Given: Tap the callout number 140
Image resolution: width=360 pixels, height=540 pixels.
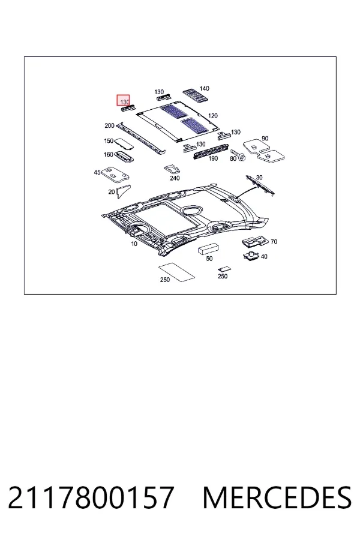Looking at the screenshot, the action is click(x=204, y=89).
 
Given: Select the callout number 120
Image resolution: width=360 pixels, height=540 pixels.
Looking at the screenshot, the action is click(x=213, y=116).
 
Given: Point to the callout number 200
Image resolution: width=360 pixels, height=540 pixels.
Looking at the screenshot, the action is click(x=109, y=126).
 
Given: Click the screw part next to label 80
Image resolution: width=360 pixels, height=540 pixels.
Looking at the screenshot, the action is click(x=238, y=155).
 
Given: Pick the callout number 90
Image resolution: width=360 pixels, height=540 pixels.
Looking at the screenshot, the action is click(x=265, y=139).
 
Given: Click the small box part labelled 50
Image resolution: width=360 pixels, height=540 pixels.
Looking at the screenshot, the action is click(x=208, y=248).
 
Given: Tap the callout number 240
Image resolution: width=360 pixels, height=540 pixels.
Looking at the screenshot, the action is click(x=175, y=178).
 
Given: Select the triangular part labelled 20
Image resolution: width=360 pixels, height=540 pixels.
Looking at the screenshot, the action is click(x=123, y=191).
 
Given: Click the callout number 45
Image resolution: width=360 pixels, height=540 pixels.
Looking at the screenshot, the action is click(x=97, y=172).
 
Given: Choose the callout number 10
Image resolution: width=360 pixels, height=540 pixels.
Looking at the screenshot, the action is click(x=134, y=244).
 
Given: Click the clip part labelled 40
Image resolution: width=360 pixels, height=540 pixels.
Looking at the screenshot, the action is click(x=251, y=256).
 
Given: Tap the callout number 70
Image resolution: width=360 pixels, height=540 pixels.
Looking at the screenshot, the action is click(x=274, y=242).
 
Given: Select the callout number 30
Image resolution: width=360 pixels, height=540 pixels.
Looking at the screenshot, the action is click(x=259, y=178).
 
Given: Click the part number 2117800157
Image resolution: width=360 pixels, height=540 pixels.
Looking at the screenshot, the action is click(x=91, y=497).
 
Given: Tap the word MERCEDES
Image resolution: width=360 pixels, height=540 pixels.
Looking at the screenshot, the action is click(x=277, y=497).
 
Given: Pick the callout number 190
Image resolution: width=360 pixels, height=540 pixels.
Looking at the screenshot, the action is click(x=213, y=158).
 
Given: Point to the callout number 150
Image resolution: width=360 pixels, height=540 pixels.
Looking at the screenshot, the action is click(x=109, y=141).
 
